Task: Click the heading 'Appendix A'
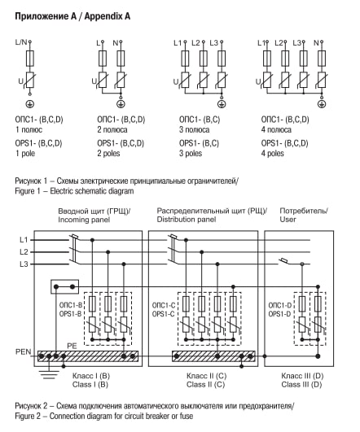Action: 108,16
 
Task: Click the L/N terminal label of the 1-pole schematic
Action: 21,42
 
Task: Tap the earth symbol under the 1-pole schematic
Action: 30,104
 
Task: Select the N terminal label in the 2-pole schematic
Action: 116,43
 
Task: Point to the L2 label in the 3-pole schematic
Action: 195,43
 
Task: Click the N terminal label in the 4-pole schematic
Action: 316,43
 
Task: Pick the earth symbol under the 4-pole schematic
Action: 322,104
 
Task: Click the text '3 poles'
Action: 191,153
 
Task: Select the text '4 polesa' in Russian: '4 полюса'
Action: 276,129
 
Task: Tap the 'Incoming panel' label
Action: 84,220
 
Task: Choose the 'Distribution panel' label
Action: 187,220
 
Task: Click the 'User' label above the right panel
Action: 288,220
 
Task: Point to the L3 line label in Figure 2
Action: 24,264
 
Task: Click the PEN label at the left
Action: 23,351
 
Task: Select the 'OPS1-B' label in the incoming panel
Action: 71,314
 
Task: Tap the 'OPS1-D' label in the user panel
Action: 279,314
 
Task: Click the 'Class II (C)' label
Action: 206,384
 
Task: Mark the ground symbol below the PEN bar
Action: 49,374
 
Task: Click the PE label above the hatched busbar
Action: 72,346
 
